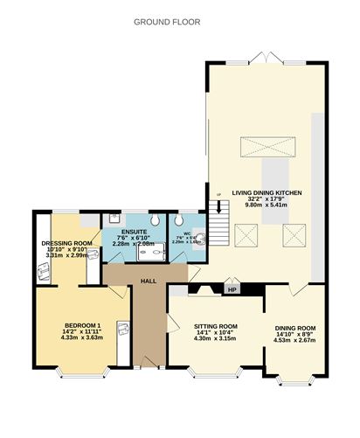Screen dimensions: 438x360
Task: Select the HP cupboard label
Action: pos(232,290)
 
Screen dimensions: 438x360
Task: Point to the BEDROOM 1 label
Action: pos(82,327)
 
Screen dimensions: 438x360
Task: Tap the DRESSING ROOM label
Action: pos(66,243)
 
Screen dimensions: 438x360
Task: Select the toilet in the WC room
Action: pos(199,237)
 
